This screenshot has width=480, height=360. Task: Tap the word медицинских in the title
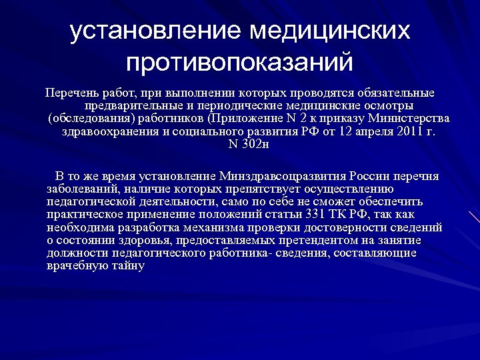tap(327, 31)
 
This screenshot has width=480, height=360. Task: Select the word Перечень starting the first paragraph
tap(69, 93)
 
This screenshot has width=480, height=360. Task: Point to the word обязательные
tap(397, 93)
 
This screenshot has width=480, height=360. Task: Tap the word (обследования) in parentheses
tap(91, 119)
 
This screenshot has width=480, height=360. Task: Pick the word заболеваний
tap(83, 189)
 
